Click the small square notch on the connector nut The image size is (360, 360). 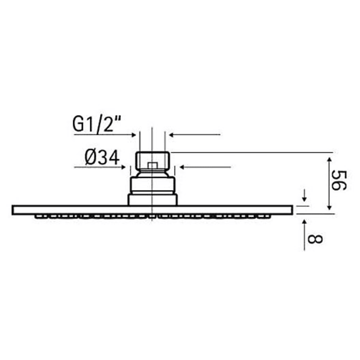(152, 166)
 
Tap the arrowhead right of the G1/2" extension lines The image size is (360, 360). (172, 135)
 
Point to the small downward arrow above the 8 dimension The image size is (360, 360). (304, 198)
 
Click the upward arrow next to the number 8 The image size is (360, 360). (304, 222)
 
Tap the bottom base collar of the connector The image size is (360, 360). (152, 200)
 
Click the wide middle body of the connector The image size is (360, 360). (152, 184)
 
